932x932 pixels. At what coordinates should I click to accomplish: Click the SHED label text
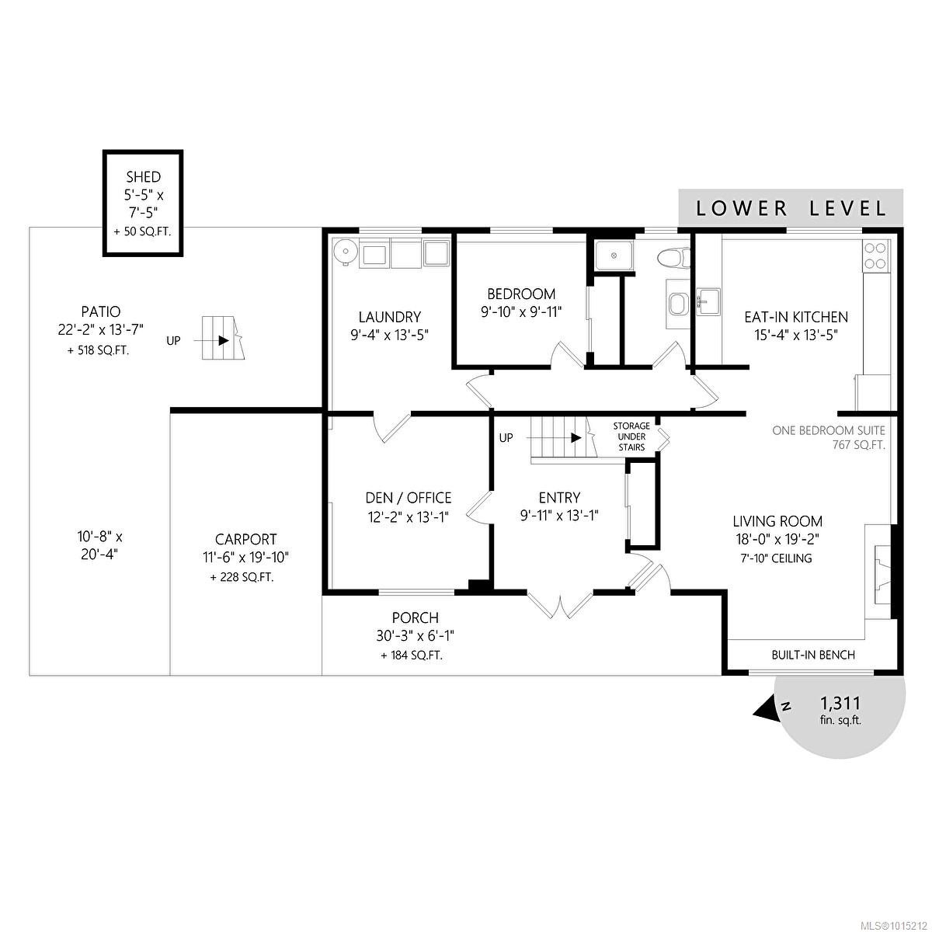click(x=144, y=177)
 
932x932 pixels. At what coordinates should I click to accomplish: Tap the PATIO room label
click(x=99, y=312)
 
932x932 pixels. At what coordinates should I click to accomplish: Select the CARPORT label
click(x=246, y=539)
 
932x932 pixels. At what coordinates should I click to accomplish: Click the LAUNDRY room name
click(x=389, y=317)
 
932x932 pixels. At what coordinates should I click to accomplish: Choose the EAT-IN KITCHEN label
click(x=796, y=317)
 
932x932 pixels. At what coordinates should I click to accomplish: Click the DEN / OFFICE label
click(x=409, y=498)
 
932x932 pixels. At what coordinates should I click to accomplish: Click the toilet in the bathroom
click(x=673, y=257)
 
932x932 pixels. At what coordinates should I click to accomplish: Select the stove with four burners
click(x=875, y=256)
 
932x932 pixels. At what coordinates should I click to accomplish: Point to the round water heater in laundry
click(x=344, y=252)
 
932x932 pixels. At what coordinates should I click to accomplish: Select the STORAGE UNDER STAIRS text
click(x=631, y=436)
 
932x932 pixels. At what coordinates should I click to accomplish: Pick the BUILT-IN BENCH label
click(x=813, y=655)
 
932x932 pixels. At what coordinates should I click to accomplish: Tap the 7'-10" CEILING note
click(x=777, y=558)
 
